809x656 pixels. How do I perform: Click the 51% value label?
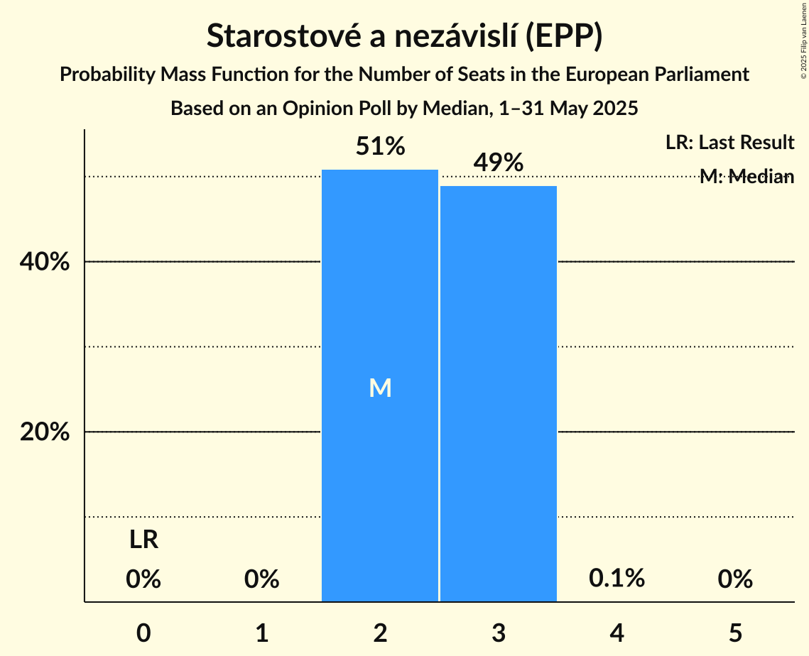tap(380, 147)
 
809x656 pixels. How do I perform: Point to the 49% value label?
tap(498, 163)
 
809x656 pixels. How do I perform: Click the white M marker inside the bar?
tap(380, 388)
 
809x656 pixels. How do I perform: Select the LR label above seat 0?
tap(143, 541)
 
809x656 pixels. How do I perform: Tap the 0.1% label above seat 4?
tap(617, 579)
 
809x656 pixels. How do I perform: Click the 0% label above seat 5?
tap(734, 579)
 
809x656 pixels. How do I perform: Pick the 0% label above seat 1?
tap(261, 579)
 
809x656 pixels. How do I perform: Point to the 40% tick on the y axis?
tap(45, 262)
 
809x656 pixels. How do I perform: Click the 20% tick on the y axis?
tap(45, 432)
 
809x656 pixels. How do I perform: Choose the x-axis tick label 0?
tap(143, 633)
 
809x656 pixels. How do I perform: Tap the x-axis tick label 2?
tap(380, 633)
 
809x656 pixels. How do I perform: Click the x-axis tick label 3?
tap(498, 633)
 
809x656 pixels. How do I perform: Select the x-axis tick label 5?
tap(734, 633)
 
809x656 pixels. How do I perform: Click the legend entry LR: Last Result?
tap(729, 143)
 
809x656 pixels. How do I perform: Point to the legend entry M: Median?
tap(746, 177)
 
